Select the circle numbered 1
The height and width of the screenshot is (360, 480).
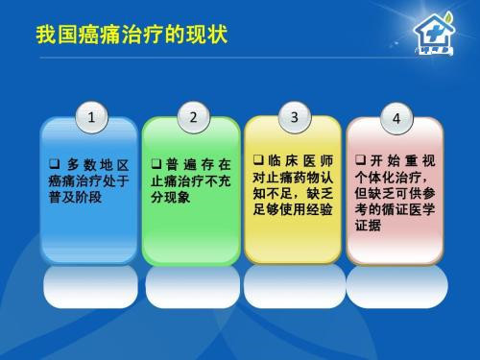coord(91,119)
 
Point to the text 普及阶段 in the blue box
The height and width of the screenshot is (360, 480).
coord(75,196)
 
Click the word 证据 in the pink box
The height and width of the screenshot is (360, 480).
coord(369,226)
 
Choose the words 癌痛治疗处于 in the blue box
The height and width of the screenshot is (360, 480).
coord(88,180)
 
